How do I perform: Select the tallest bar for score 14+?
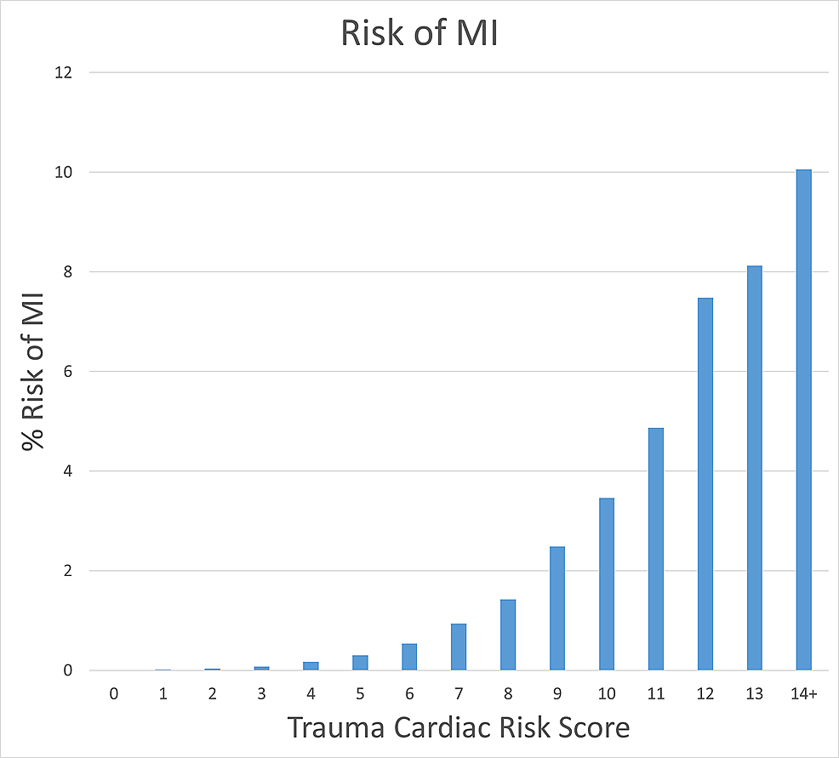pyautogui.click(x=803, y=420)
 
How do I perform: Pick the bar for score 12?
pyautogui.click(x=705, y=484)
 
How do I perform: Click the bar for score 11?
pyautogui.click(x=655, y=549)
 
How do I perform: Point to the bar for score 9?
pyautogui.click(x=557, y=608)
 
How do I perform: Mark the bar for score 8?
pyautogui.click(x=508, y=635)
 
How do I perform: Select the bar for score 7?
pyautogui.click(x=459, y=647)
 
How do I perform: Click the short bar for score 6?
pyautogui.click(x=409, y=657)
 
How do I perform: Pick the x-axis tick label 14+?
pyautogui.click(x=803, y=694)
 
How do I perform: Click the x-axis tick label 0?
pyautogui.click(x=113, y=694)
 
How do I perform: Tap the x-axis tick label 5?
pyautogui.click(x=360, y=694)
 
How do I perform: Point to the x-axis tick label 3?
pyautogui.click(x=261, y=694)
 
